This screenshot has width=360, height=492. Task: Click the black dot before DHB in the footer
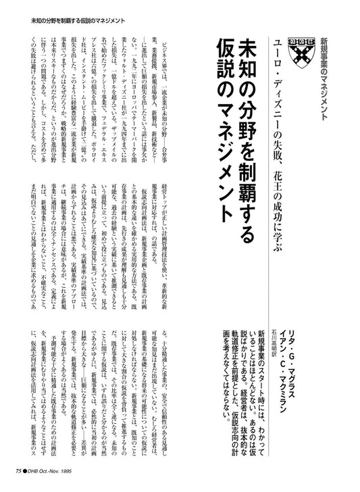28,472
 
